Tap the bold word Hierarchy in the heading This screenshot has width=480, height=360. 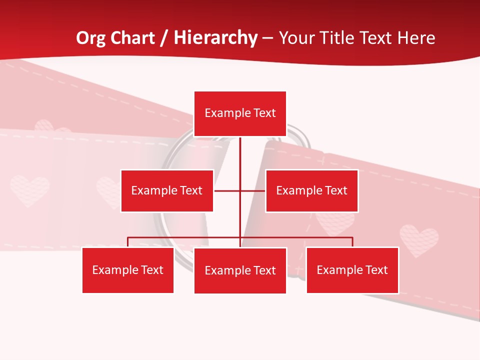pos(215,38)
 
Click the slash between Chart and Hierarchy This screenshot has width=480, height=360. pos(164,38)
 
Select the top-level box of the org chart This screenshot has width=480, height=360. pos(240,113)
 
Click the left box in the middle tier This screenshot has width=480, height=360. pos(167,190)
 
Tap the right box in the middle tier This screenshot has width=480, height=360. pos(311,190)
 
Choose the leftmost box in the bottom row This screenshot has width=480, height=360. pos(128,270)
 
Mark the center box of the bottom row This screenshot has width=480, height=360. pos(240,270)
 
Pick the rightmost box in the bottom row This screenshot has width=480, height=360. pos(352,270)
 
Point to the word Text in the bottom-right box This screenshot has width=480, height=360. pos(376,270)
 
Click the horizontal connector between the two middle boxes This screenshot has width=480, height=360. pos(252,190)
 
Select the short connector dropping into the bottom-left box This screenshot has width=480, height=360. pos(128,242)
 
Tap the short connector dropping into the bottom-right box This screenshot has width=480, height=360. pos(352,242)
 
